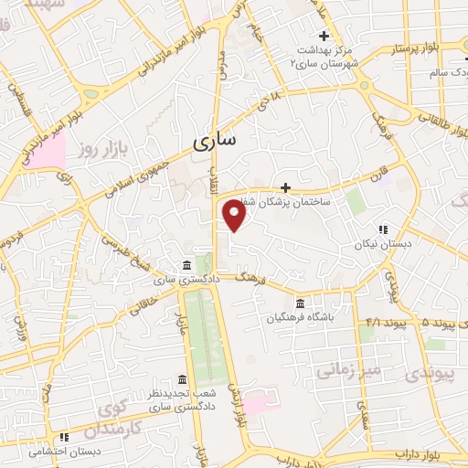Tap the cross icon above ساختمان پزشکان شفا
point(285,186)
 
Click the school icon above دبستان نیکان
point(383,229)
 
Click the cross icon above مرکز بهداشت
point(324,36)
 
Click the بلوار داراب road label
point(421,453)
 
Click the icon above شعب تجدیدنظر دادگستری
point(182,379)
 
